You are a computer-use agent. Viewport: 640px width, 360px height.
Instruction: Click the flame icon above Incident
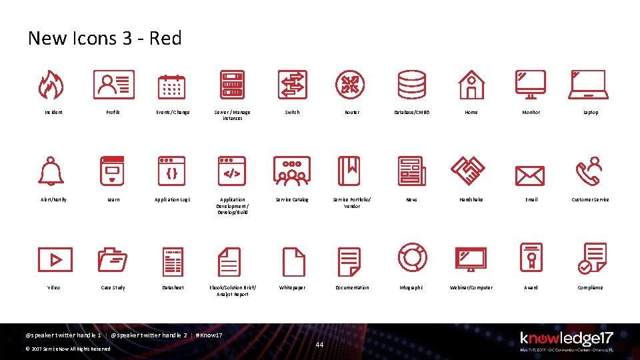coord(51,85)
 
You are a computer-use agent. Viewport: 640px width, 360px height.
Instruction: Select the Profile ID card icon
coord(113,85)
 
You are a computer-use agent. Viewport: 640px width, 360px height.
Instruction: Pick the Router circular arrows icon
coord(350,85)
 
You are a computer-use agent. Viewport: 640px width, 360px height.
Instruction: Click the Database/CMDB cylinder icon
coord(411,85)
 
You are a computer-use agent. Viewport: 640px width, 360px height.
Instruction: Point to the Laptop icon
coord(589,85)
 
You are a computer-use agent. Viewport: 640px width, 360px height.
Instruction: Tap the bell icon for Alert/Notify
coord(51,171)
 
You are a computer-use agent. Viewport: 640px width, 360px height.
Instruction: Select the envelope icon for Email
coord(530,175)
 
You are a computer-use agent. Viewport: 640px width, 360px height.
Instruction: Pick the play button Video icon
coord(55,259)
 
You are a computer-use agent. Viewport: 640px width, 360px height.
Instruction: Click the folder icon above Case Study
coord(113,261)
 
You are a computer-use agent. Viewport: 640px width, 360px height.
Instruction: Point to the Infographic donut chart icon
coord(412,258)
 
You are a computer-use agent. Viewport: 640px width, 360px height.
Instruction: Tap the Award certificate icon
coord(531,258)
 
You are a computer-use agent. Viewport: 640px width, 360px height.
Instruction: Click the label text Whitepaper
coord(292,287)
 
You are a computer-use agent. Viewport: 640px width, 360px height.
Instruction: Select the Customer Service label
coord(590,199)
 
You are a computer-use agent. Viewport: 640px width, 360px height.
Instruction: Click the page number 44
coord(319,345)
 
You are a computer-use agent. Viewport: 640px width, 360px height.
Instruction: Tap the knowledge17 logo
coord(566,339)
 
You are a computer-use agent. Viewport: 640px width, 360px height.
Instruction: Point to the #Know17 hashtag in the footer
coord(209,335)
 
